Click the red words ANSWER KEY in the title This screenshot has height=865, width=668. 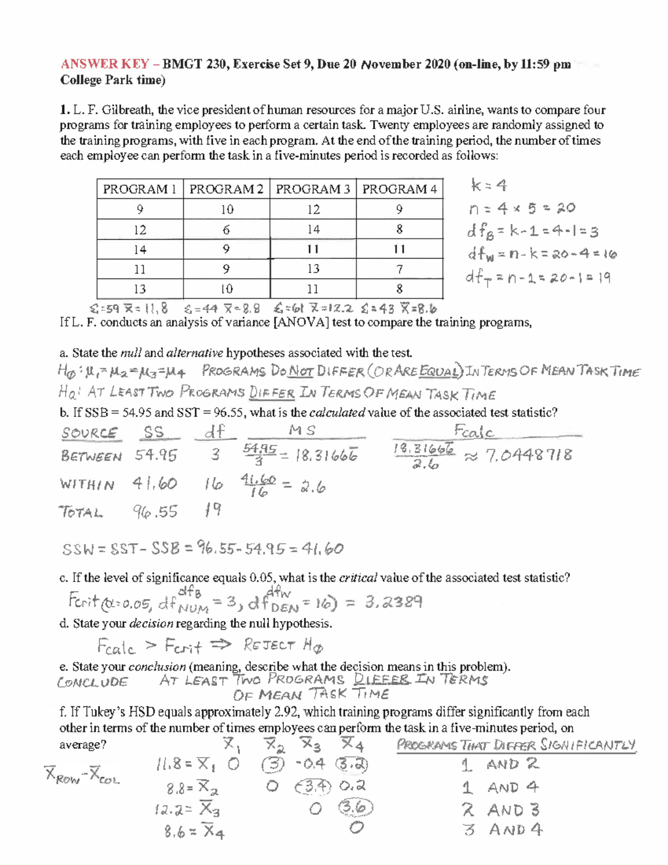tap(105, 64)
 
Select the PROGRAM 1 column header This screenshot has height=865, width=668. tap(140, 189)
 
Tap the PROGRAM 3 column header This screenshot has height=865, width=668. tap(313, 189)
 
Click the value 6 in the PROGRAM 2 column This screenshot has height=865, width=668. tap(227, 229)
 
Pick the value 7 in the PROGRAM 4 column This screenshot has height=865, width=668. tap(399, 270)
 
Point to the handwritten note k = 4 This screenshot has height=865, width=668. tap(488, 185)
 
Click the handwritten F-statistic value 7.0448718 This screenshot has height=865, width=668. tap(528, 456)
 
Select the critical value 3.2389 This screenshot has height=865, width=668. tap(394, 602)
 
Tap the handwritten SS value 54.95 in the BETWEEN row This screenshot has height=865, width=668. tap(156, 456)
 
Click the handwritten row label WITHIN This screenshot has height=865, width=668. tap(87, 485)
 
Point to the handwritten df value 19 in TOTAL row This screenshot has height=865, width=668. tap(213, 510)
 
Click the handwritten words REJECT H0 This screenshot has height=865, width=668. tap(283, 646)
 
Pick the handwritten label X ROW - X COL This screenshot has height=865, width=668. tap(82, 775)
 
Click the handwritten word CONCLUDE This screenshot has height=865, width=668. tap(92, 682)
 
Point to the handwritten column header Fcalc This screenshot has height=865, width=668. tap(474, 432)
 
